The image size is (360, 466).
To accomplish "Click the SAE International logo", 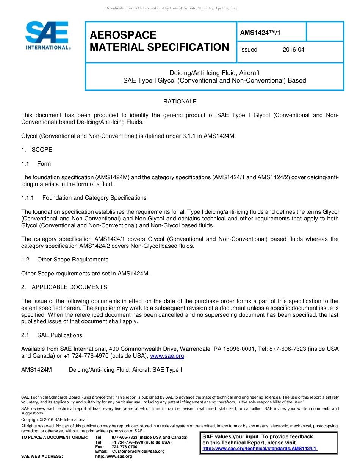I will click(48, 36).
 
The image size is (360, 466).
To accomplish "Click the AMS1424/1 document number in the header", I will click(260, 33).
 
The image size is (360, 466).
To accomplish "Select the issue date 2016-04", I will click(293, 50).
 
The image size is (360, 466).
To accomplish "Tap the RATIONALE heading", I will click(180, 102).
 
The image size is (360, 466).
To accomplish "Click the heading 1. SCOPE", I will click(37, 150).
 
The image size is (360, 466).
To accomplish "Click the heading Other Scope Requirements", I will click(72, 260).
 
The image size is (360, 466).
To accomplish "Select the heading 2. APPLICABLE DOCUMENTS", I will click(64, 287).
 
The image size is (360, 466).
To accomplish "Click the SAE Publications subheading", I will click(59, 335).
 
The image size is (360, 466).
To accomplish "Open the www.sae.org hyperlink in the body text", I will click(167, 356).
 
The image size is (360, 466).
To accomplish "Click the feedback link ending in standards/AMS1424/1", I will click(260, 449).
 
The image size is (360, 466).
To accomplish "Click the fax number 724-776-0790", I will click(124, 447).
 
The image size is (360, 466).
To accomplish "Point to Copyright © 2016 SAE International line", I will click(54, 420).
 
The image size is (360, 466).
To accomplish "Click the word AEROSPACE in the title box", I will click(123, 35).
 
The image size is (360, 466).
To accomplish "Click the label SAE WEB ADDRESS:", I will click(42, 457).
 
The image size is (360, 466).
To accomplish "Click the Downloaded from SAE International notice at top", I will click(171, 9).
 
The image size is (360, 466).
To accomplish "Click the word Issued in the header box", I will click(249, 50).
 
